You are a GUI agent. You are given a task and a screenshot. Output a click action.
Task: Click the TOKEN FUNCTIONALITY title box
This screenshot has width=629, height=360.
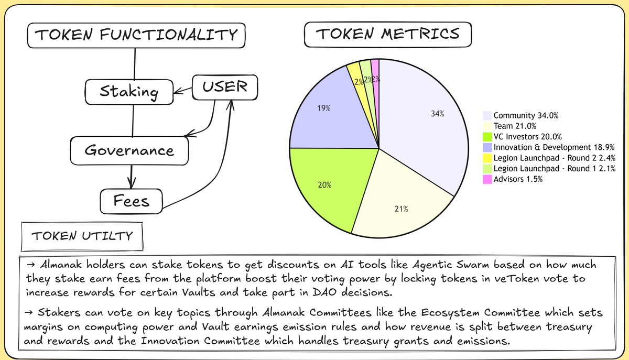click(x=136, y=36)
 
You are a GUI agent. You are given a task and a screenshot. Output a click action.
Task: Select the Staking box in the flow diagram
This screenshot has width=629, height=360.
click(x=129, y=92)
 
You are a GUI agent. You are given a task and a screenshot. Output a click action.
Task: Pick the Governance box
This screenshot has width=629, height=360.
click(x=129, y=150)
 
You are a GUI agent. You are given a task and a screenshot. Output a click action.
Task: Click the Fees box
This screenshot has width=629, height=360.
click(x=132, y=201)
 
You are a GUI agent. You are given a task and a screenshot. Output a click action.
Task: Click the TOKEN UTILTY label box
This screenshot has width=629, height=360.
click(x=82, y=236)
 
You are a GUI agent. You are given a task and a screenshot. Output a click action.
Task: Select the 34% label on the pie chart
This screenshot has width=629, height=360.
click(x=437, y=114)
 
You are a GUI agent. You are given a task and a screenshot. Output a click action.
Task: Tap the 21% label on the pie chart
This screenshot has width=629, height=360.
click(x=401, y=209)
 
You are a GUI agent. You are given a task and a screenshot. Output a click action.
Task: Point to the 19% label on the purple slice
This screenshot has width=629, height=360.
click(x=323, y=108)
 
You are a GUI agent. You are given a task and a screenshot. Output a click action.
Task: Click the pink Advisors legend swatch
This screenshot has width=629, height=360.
click(x=487, y=179)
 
